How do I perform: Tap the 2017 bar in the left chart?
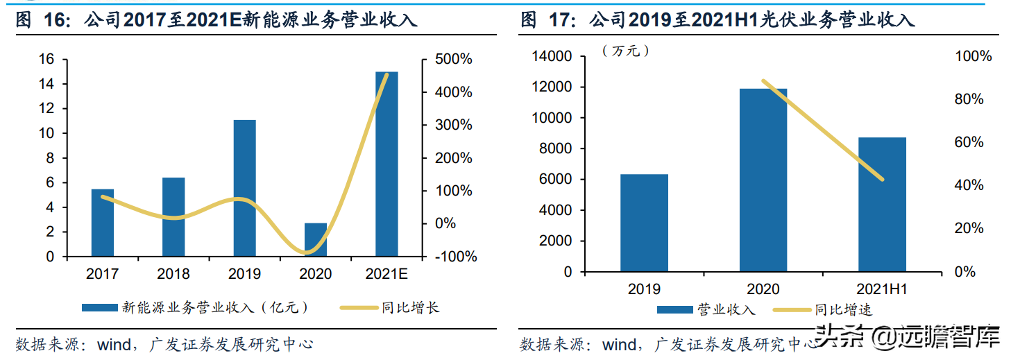(103, 222)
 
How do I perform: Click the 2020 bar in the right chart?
(763, 180)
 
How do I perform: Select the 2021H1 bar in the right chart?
(882, 204)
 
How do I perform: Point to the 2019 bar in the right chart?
(644, 223)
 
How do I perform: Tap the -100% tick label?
(455, 257)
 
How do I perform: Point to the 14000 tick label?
(551, 56)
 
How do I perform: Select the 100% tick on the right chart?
(974, 56)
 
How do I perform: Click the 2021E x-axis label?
(386, 274)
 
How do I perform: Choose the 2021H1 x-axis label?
(882, 289)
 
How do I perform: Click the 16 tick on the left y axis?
(46, 60)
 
